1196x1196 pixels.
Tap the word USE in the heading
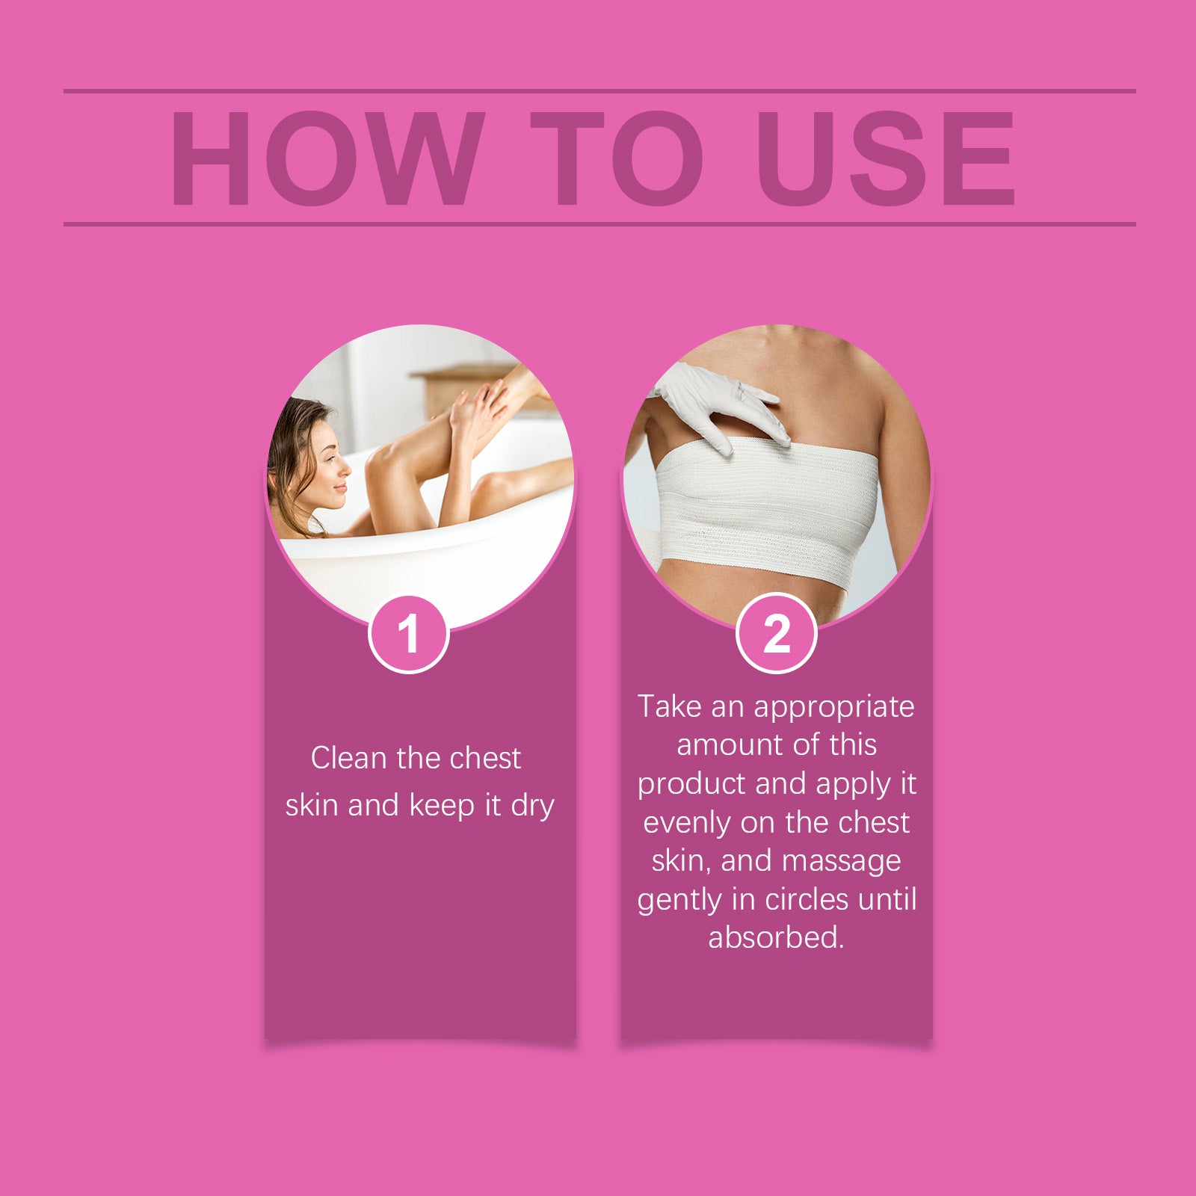886,158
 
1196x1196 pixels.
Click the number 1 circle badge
408,635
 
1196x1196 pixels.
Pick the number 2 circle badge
777,634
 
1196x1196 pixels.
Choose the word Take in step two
669,706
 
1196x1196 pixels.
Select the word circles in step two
807,899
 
